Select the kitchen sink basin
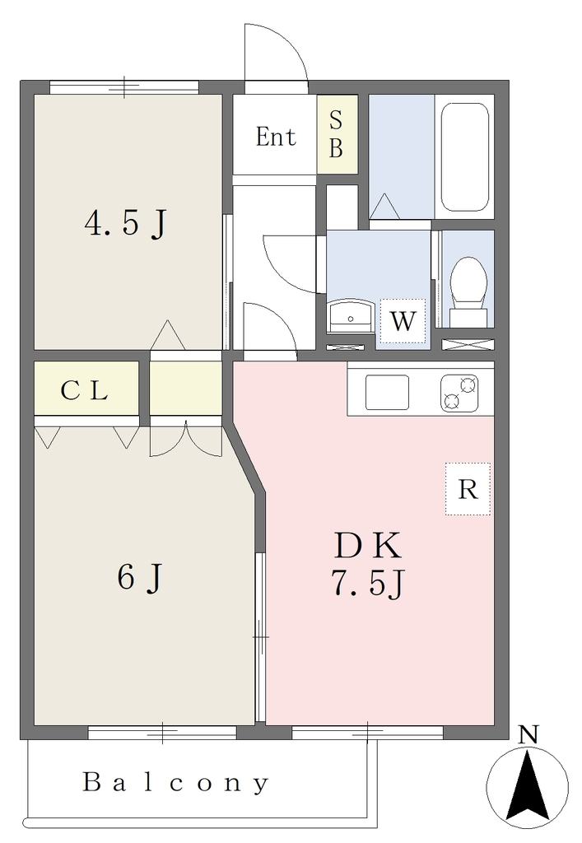pyautogui.click(x=387, y=392)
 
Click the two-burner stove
pyautogui.click(x=460, y=392)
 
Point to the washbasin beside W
pyautogui.click(x=351, y=317)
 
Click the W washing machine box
pyautogui.click(x=403, y=321)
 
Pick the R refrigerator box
pyautogui.click(x=468, y=489)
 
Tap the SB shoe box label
pyautogui.click(x=337, y=134)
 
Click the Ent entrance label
pyautogui.click(x=276, y=137)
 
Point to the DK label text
pyautogui.click(x=368, y=545)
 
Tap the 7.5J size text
pyautogui.click(x=368, y=583)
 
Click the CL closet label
pyautogui.click(x=84, y=390)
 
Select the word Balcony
pyautogui.click(x=175, y=782)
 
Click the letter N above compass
pyautogui.click(x=528, y=734)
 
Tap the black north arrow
pyautogui.click(x=528, y=789)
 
